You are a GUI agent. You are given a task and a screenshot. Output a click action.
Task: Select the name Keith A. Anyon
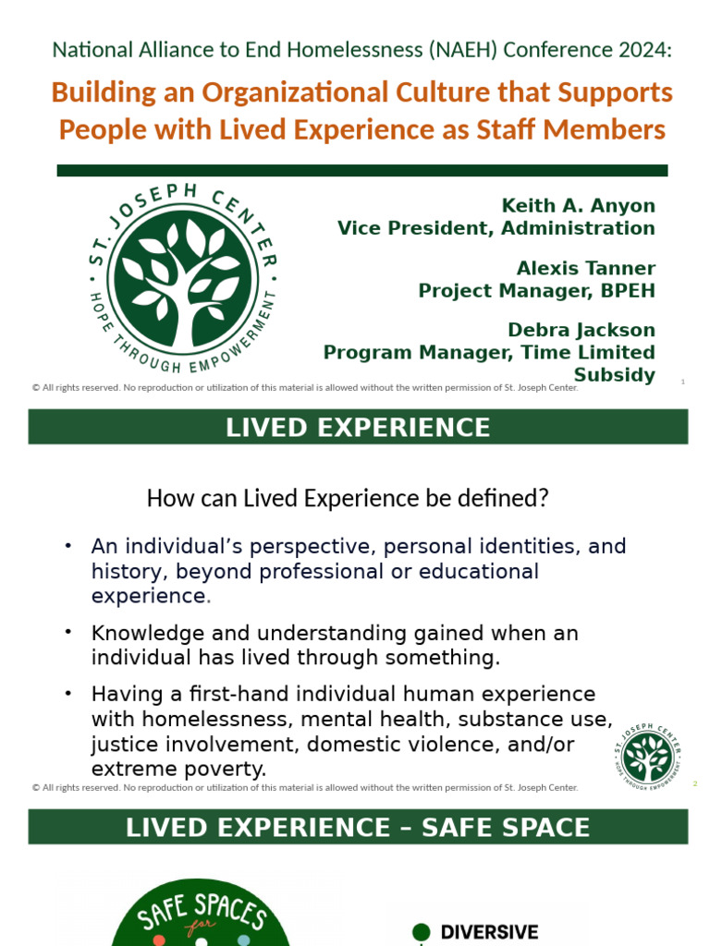tap(578, 205)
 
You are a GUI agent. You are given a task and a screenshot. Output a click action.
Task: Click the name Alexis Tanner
tap(585, 269)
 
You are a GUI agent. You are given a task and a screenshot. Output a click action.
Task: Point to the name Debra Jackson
tap(581, 330)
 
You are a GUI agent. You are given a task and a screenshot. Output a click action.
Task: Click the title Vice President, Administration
tap(496, 227)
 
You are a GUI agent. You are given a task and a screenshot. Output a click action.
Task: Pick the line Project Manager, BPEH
tap(536, 291)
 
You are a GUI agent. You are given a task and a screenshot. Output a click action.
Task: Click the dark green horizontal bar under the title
tap(361, 170)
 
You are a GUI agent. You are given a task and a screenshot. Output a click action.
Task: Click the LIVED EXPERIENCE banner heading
tap(358, 428)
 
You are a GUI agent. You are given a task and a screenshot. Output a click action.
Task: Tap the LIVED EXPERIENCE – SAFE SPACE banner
tap(358, 827)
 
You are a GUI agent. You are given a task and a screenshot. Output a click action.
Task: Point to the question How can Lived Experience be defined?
tap(348, 499)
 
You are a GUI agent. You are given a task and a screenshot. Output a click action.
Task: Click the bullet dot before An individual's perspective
tap(68, 545)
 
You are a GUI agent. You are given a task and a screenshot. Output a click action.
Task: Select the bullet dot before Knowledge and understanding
tap(68, 631)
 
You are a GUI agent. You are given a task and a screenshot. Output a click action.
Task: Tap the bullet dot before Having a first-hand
tap(68, 691)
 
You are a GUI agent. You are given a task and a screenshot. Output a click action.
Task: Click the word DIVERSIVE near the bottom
tap(489, 932)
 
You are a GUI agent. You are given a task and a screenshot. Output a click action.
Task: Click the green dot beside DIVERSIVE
tap(421, 932)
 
